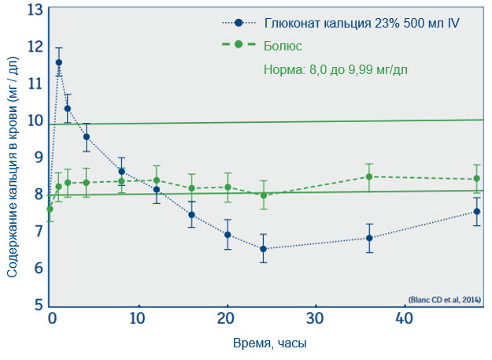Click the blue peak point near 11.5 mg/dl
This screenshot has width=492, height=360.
coord(59,62)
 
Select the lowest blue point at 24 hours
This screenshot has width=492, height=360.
coord(263,249)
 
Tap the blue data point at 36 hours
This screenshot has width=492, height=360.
coord(369,238)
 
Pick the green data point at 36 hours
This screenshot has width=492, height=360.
coord(369,176)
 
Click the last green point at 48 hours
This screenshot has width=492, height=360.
coord(476,179)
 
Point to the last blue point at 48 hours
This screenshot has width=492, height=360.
coord(476,211)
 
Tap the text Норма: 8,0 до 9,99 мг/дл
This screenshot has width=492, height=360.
coord(335,69)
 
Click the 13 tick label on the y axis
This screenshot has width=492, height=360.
coord(34,9)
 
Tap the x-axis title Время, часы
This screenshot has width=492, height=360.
coord(269,344)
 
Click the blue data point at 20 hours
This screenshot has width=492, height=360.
coord(228,235)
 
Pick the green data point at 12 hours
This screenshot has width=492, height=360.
coord(157,180)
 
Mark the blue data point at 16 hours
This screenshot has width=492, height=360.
coord(191,215)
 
